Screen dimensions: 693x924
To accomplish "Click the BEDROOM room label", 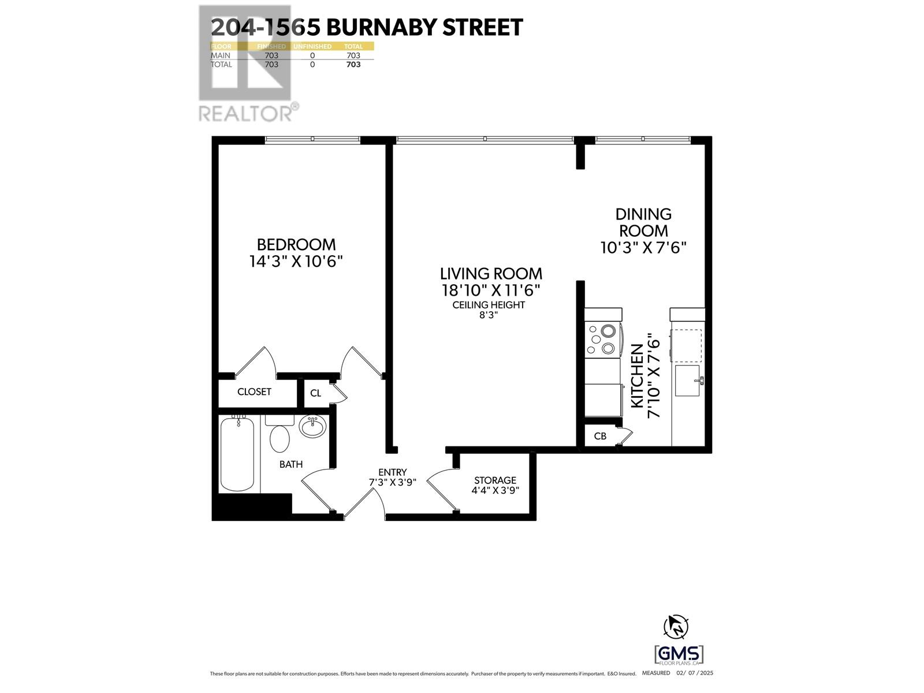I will (x=296, y=244).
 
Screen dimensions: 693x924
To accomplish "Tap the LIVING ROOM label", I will (x=491, y=273).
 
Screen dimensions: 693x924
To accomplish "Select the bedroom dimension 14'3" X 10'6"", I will (x=296, y=262).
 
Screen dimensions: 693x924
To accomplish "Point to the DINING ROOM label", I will (x=643, y=222).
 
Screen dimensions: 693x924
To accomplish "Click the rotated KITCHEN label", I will (x=637, y=376).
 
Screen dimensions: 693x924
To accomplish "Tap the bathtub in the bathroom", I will (x=237, y=454).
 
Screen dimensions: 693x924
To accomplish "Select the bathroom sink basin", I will (x=313, y=427).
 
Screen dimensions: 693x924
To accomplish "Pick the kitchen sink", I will (x=687, y=381).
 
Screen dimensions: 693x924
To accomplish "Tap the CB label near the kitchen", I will (x=600, y=436).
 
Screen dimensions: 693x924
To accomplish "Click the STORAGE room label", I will (x=495, y=480).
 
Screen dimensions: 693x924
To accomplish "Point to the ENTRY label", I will (x=392, y=472).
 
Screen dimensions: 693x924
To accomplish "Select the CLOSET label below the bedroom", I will (x=254, y=392).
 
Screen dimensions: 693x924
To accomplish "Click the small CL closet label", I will (x=315, y=393).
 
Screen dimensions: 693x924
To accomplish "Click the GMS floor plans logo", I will (x=679, y=655).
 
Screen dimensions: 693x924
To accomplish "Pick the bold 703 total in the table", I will (x=353, y=65).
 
